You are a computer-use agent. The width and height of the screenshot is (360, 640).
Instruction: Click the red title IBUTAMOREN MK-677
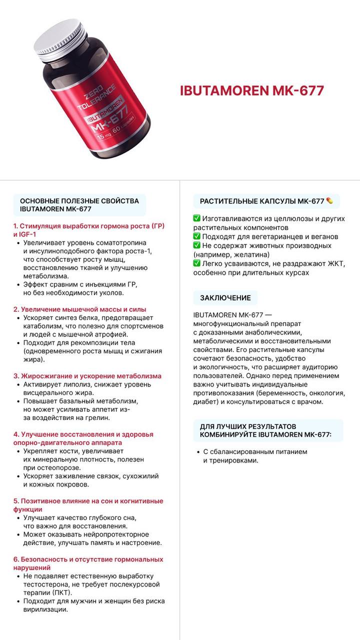[x=252, y=90]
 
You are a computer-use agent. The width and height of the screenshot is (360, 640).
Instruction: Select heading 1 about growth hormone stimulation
[x=88, y=229]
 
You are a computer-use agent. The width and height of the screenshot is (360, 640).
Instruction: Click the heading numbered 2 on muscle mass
[x=80, y=309]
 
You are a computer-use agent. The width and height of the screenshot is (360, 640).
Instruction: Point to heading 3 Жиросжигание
[x=87, y=375]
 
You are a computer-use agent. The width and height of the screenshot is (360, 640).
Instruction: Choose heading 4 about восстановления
[x=83, y=438]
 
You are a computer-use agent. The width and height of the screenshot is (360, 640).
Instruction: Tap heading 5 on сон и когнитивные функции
[x=88, y=504]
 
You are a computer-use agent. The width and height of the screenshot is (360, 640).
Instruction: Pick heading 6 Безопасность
[x=88, y=563]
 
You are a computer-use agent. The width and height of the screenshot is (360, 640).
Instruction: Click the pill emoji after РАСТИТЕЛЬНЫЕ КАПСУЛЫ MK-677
[x=329, y=201]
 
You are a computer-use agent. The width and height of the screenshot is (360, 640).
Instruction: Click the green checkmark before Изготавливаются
[x=196, y=218]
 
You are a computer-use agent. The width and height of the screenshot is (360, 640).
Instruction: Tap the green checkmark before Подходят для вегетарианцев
[x=196, y=236]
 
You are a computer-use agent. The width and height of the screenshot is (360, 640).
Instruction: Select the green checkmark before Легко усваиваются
[x=196, y=263]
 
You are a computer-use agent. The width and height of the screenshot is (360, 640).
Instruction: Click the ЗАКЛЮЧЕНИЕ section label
[x=225, y=297]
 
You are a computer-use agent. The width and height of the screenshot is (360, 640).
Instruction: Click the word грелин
[x=97, y=417]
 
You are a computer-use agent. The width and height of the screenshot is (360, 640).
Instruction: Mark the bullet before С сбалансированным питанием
[x=198, y=452]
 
